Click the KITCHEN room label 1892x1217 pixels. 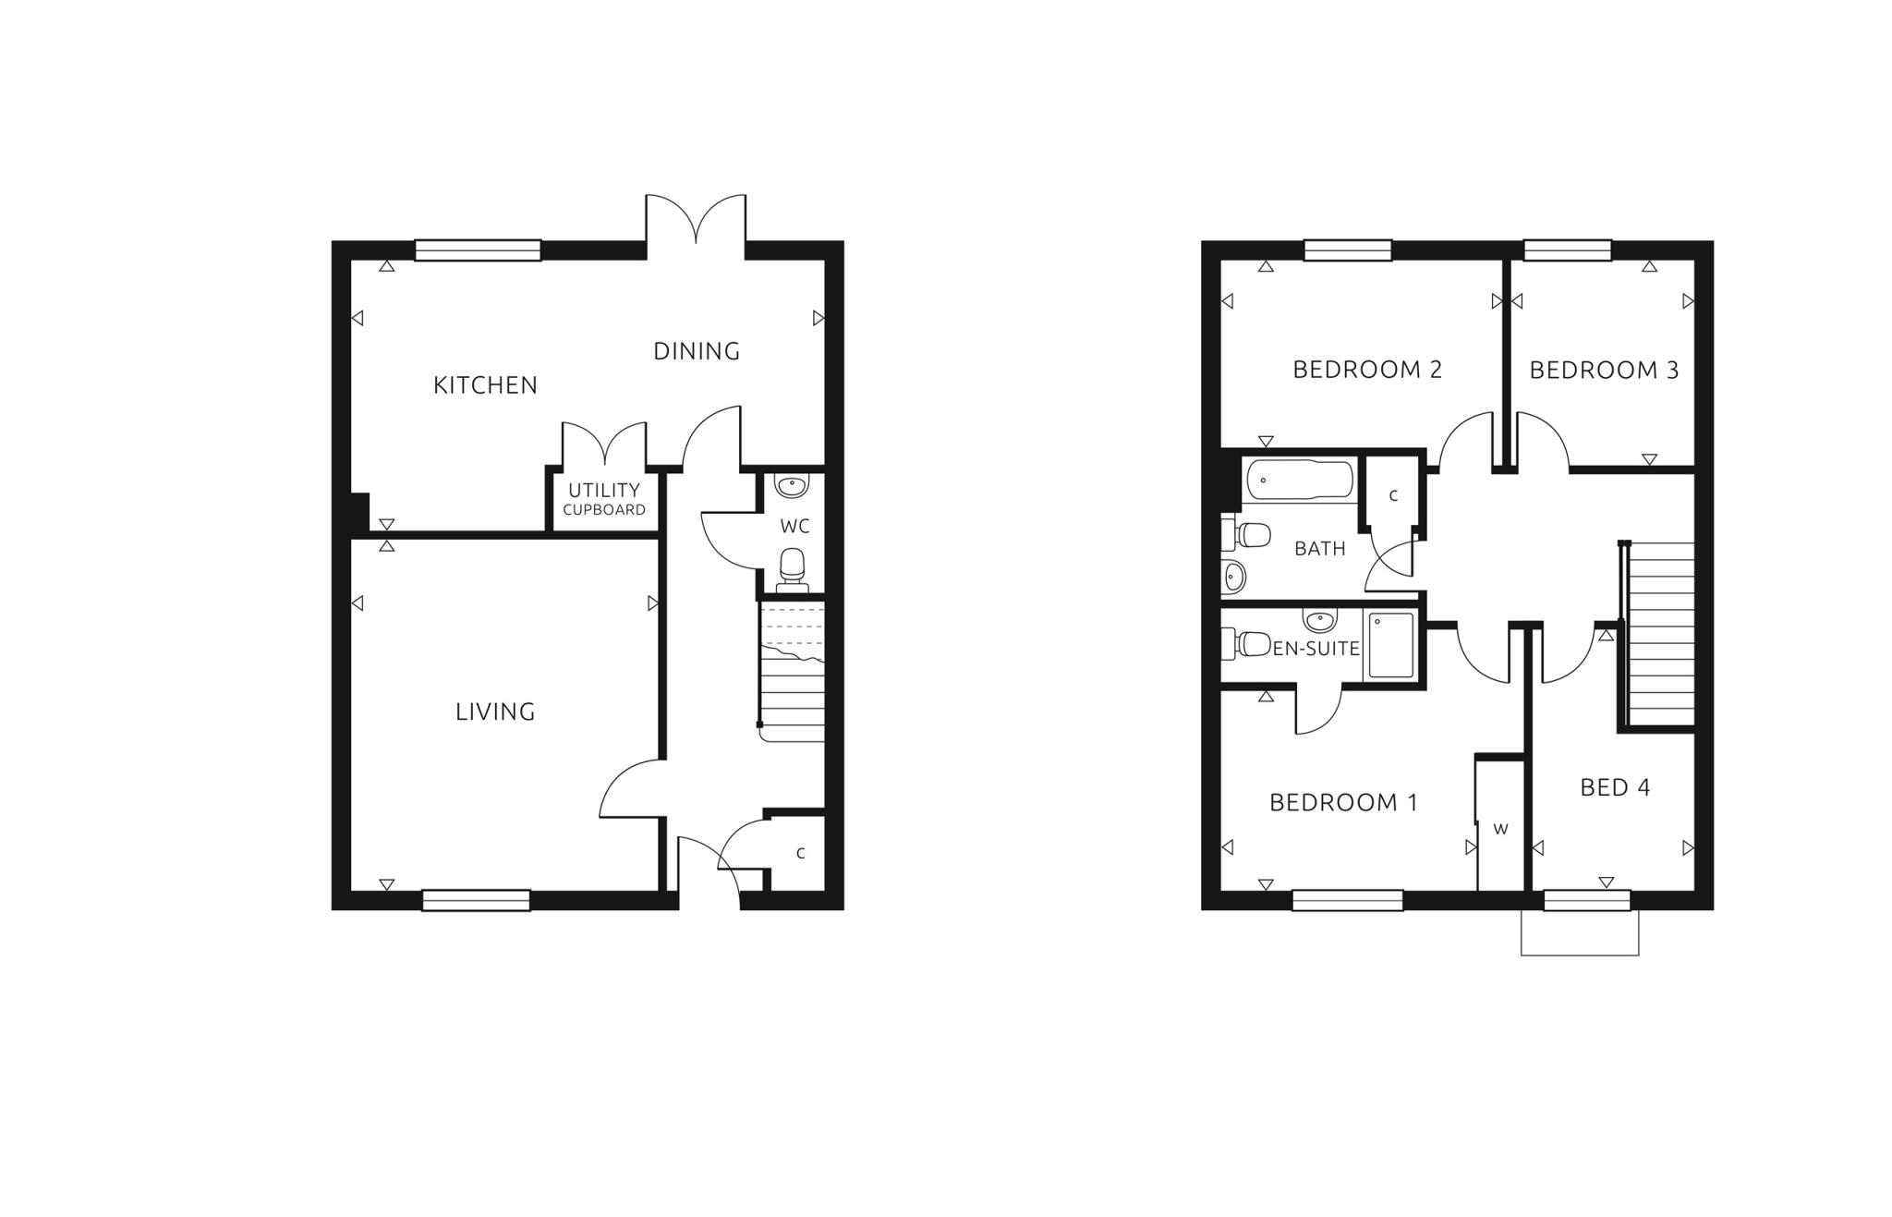point(485,385)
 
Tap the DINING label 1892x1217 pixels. point(697,351)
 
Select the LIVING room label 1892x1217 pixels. point(495,712)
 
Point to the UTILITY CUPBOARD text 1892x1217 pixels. point(604,498)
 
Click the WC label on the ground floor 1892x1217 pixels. point(794,527)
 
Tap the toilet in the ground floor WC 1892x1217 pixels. point(793,567)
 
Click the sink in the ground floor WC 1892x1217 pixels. point(792,485)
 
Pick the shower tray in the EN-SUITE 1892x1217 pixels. point(1390,645)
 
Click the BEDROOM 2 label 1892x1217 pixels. point(1367,370)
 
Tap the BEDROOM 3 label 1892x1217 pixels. point(1604,371)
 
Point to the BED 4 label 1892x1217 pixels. point(1615,787)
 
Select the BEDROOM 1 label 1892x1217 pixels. point(1343,802)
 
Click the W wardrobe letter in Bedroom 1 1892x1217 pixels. point(1500,829)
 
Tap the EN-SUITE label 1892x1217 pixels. point(1316,649)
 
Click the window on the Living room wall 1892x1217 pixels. point(476,900)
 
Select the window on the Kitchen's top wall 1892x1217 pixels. point(478,250)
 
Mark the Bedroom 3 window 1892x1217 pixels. point(1567,250)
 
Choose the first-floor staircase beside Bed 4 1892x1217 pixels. point(1661,634)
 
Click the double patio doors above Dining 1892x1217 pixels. point(696,222)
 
